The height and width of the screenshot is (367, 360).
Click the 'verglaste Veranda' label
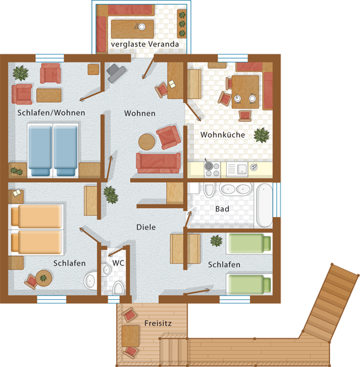click(x=145, y=44)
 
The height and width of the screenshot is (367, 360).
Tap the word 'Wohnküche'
click(x=222, y=135)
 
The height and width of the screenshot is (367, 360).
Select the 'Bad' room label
click(x=222, y=209)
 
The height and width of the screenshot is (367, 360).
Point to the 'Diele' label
click(x=146, y=227)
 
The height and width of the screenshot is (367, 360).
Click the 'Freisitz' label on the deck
click(x=158, y=323)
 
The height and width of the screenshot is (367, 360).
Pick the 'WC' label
click(x=118, y=263)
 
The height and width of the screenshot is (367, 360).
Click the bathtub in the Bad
click(x=264, y=206)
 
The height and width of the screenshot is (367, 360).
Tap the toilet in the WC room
click(x=119, y=288)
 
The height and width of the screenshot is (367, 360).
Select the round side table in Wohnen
click(x=147, y=142)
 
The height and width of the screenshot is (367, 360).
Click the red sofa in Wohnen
click(x=158, y=163)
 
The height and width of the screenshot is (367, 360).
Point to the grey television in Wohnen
click(x=116, y=73)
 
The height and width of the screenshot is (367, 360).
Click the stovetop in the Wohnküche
click(x=212, y=169)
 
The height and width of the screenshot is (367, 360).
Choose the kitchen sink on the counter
click(x=237, y=169)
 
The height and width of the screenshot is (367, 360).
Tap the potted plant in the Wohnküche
click(x=262, y=135)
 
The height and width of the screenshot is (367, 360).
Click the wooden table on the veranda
click(x=133, y=29)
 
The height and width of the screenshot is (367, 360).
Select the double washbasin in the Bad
click(x=235, y=188)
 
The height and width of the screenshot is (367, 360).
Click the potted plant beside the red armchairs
click(x=21, y=73)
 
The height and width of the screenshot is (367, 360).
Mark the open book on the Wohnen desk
click(x=172, y=84)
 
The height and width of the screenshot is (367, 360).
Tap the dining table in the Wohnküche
click(x=245, y=92)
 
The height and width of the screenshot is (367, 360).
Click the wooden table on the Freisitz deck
click(x=131, y=336)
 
